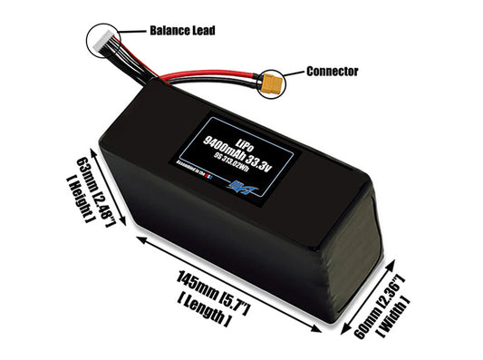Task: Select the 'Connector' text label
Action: click(333, 71)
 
